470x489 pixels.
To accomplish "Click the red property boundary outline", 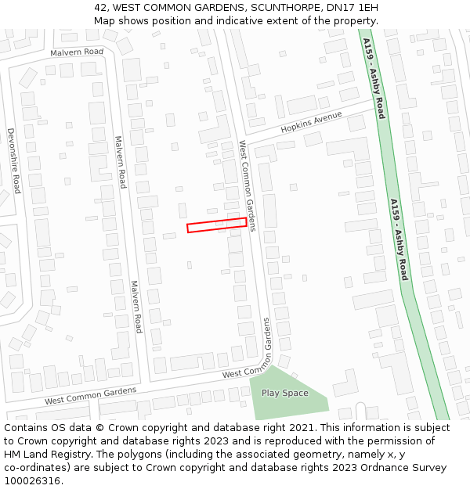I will tap(217, 225).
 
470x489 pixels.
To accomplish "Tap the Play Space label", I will tap(284, 393).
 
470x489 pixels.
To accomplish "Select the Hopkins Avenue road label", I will tap(312, 121).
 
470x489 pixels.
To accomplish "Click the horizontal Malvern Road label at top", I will tap(77, 52).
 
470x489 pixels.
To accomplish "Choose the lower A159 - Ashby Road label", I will tap(399, 239).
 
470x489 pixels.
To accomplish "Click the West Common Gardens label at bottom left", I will tap(90, 396).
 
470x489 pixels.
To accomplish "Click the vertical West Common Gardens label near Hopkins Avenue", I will tap(248, 185).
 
